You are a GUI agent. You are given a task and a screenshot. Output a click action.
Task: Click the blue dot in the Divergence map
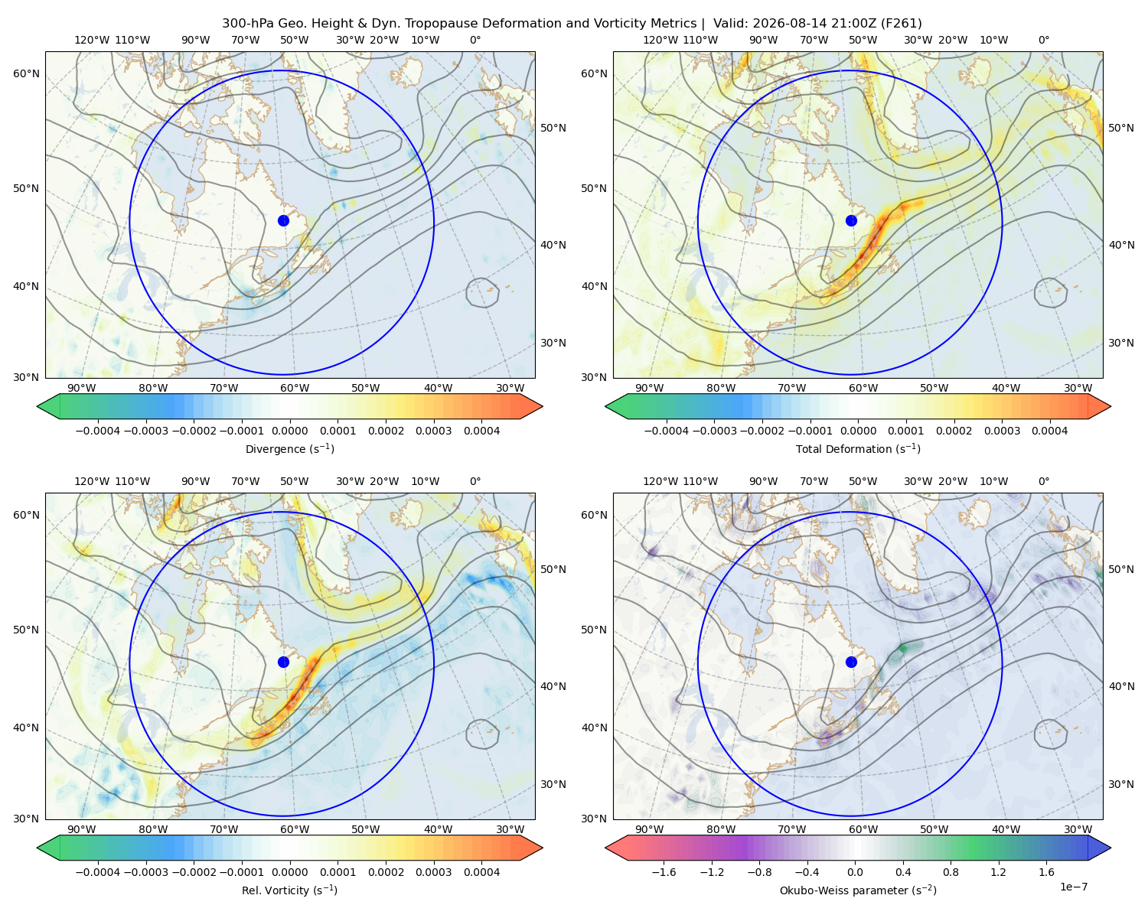coord(283,220)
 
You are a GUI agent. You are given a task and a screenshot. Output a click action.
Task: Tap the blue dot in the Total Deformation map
coord(851,220)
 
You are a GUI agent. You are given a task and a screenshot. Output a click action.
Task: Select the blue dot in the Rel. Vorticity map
coord(283,662)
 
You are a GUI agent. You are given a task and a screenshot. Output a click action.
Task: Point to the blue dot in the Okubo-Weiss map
coord(851,662)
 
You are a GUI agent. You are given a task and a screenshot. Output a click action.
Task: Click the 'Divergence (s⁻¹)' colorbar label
coord(289,448)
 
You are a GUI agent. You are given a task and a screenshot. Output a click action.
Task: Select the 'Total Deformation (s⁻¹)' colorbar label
coord(858,448)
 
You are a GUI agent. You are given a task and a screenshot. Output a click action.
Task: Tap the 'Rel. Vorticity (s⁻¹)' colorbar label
coord(289,890)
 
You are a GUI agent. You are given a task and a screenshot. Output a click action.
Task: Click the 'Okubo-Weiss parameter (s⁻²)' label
coord(858,890)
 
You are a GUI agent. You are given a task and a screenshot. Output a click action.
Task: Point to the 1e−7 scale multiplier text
coord(1073,887)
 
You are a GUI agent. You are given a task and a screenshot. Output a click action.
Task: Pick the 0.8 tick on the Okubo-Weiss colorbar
coord(951,872)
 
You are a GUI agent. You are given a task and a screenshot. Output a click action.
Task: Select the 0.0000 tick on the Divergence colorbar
coord(289,431)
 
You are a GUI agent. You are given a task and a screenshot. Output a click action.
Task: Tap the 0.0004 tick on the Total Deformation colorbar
coord(1049,431)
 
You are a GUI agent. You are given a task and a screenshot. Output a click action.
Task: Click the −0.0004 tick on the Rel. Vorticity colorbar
coord(98,872)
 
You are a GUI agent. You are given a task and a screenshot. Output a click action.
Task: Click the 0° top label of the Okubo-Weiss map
coord(1043,481)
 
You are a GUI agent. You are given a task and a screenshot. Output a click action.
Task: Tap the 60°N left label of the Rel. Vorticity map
coord(26,515)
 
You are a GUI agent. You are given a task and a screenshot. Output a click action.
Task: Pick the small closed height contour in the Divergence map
coord(482,292)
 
